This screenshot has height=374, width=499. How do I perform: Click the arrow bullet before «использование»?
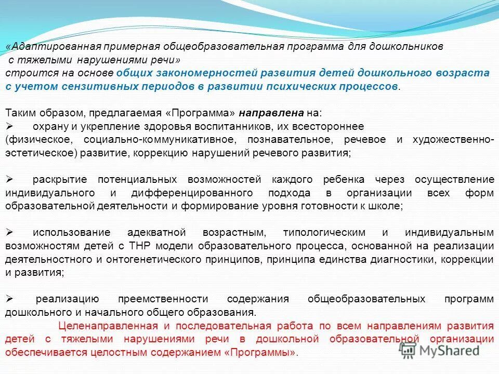[x=9, y=232]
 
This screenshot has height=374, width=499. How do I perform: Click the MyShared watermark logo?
[x=439, y=350]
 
